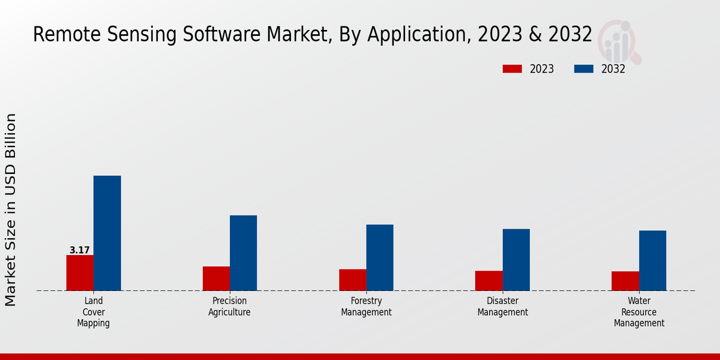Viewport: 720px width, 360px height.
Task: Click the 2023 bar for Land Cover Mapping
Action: pos(80,273)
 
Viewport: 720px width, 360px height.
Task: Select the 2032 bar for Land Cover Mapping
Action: pos(107,233)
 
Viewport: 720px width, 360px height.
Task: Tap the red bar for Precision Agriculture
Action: pos(216,278)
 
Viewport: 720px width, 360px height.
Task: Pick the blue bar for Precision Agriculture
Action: pos(243,253)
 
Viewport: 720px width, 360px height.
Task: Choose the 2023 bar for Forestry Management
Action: pos(352,280)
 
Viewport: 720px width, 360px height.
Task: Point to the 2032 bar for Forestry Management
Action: pos(380,257)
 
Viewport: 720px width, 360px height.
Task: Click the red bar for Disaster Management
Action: pos(488,281)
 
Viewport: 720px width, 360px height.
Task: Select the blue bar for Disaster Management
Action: pos(516,260)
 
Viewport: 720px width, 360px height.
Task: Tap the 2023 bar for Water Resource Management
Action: pos(625,281)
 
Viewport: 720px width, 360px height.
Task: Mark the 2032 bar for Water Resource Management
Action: pos(652,260)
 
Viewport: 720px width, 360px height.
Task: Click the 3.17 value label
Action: pos(79,250)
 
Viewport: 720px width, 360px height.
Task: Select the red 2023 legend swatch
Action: pos(512,69)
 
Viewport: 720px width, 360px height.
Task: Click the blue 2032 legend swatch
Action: pos(583,69)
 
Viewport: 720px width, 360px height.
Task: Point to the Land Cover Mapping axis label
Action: pos(93,312)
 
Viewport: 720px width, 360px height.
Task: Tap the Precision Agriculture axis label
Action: pos(229,307)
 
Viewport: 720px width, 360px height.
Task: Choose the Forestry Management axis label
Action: pos(366,307)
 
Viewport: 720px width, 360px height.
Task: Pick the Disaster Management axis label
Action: pos(503,307)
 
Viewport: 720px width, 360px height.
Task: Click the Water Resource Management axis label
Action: pos(639,312)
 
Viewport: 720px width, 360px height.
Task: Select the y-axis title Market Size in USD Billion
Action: pos(11,209)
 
